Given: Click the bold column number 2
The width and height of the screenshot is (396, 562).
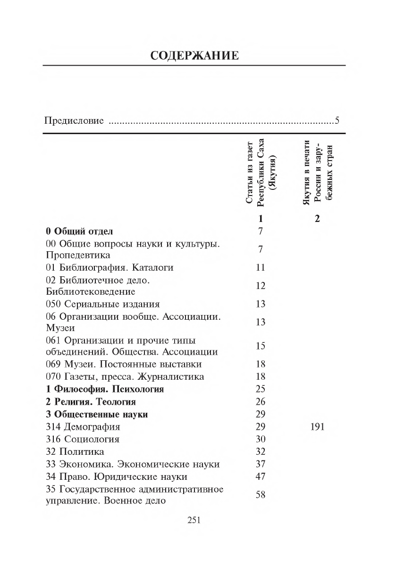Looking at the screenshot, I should pos(317,219).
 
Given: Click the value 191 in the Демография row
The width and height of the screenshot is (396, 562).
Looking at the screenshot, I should pos(317,427).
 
